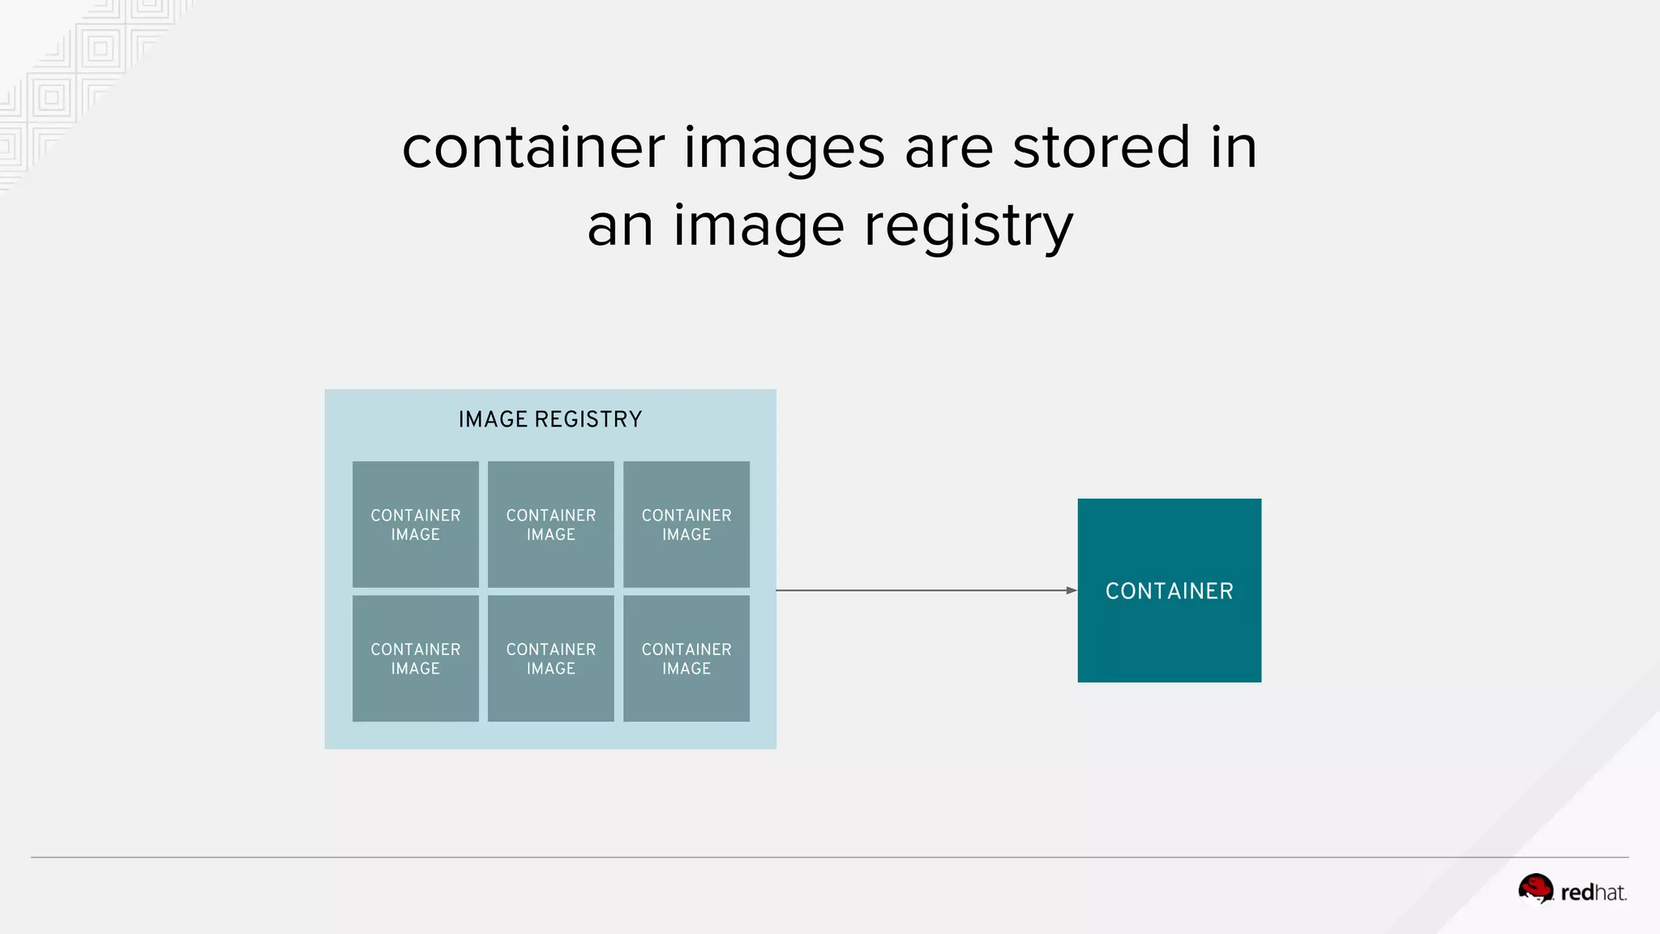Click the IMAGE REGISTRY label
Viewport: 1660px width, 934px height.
coord(550,419)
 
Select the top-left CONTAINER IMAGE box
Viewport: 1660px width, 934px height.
coord(415,525)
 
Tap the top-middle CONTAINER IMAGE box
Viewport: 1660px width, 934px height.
coord(550,525)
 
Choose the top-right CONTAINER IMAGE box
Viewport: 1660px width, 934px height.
coord(686,525)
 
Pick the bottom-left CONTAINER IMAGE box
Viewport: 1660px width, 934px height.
coord(415,658)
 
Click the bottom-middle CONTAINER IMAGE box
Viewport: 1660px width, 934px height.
coord(550,658)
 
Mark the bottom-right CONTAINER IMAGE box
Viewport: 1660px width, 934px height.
coord(686,658)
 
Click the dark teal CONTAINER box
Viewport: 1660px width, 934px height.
coord(1169,590)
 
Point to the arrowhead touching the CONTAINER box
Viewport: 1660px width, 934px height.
coord(1071,590)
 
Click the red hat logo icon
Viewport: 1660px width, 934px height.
coord(1535,889)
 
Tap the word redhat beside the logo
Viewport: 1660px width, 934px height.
coord(1593,893)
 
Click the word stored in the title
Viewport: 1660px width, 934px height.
coord(1101,148)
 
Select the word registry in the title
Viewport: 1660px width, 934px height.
coord(968,227)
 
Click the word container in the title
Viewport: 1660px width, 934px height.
coord(533,148)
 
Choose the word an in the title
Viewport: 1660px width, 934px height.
coord(620,227)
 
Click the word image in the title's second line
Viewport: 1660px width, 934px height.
coord(759,227)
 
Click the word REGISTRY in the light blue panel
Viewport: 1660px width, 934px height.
coord(588,419)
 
